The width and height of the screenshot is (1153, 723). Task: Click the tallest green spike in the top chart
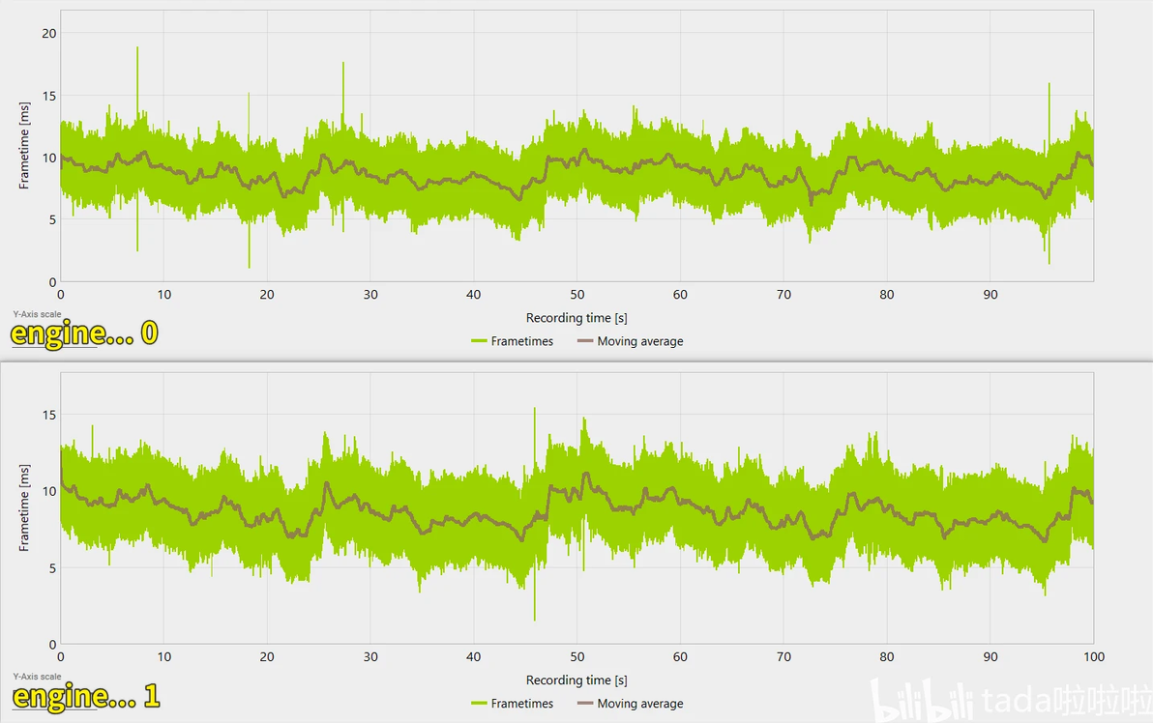coord(137,48)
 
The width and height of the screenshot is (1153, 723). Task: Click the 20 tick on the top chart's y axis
coord(50,33)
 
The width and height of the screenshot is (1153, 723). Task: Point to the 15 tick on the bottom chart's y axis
coord(50,415)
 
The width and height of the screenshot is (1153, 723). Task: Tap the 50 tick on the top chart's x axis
coord(577,295)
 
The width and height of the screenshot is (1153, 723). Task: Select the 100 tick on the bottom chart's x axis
coord(1093,657)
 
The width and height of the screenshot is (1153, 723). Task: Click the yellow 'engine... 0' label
coord(84,333)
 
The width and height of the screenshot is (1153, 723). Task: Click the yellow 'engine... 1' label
coord(85,696)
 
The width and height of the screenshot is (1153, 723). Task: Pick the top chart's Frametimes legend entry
coord(512,341)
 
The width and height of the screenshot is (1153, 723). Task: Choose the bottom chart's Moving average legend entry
coord(630,704)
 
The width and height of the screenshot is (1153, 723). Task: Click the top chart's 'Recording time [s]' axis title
coord(576,318)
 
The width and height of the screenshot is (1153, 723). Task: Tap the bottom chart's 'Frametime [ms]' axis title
coord(25,508)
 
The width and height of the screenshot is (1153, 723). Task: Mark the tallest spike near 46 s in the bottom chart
coord(534,410)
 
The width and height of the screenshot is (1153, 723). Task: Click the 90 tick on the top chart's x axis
coord(990,295)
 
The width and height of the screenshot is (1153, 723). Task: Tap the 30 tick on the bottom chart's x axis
coord(370,657)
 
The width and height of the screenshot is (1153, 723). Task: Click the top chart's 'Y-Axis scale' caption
coord(37,314)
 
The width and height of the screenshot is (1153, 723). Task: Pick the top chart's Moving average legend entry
coord(630,341)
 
